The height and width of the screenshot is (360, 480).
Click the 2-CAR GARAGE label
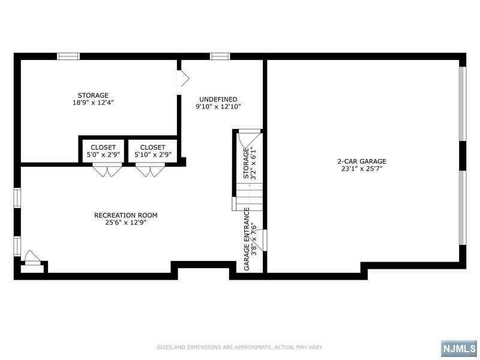[362, 161]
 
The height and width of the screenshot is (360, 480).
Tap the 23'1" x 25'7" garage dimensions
[362, 169]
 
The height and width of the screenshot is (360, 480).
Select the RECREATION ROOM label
[126, 215]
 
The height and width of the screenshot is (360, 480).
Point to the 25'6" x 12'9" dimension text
[126, 223]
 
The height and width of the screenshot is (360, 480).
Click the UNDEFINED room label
[218, 99]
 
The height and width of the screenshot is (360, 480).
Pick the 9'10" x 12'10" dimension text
[218, 107]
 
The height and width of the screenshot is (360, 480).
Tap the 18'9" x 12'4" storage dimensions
[93, 103]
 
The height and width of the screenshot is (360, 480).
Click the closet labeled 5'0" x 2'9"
[103, 151]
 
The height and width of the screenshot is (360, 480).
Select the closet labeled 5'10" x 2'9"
[153, 151]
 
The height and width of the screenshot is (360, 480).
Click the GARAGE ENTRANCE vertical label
[247, 239]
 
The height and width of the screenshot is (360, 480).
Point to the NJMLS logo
[459, 349]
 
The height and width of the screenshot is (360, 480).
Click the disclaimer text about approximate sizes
[239, 347]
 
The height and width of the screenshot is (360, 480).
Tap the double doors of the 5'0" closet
[107, 170]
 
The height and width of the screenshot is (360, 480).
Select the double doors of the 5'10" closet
[150, 170]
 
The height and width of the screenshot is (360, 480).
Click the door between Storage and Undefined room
[183, 79]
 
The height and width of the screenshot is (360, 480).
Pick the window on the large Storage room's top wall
[68, 56]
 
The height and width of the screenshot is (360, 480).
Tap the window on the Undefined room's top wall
[220, 56]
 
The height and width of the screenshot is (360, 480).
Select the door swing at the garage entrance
[257, 239]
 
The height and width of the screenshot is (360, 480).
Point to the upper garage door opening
[463, 104]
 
